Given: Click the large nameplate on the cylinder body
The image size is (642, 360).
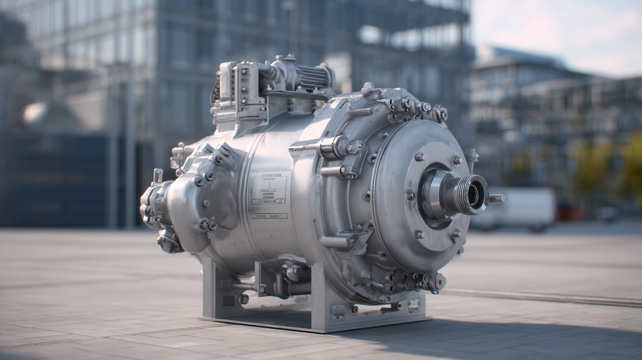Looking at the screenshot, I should [x=269, y=189].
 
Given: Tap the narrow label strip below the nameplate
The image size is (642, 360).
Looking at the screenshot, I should [x=269, y=216].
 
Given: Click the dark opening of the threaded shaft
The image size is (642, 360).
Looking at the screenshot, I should [x=474, y=195].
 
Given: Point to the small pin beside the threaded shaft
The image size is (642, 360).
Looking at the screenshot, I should [x=496, y=199].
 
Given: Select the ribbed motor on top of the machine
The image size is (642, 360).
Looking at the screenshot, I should [x=314, y=77].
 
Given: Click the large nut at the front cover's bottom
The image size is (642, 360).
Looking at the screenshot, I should [x=438, y=281].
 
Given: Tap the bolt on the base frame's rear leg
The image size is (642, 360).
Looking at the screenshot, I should [x=244, y=299].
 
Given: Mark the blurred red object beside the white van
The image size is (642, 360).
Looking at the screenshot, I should [x=567, y=214].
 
